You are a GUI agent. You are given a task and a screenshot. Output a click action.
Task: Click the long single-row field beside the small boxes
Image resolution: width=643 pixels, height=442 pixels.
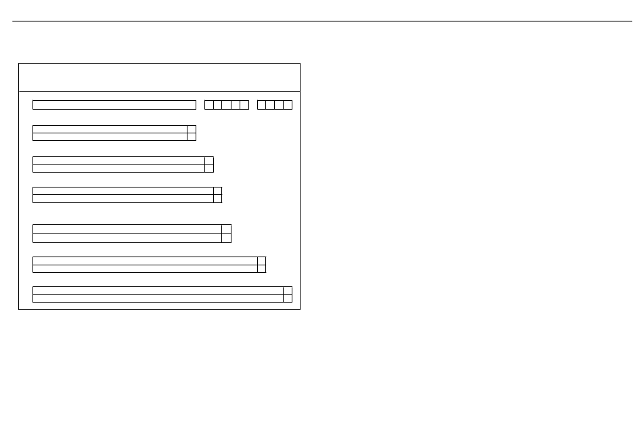114,105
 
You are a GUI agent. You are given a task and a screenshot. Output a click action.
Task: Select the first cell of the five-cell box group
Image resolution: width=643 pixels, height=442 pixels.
208,105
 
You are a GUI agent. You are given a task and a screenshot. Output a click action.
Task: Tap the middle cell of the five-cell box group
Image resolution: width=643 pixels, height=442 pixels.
226,105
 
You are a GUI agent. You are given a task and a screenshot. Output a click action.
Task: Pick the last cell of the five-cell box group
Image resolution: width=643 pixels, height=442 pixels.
244,105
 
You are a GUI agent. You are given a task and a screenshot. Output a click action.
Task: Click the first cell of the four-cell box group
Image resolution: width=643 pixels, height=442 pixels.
261,105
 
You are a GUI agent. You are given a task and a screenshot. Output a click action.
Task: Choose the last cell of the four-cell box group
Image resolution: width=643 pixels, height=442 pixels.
288,105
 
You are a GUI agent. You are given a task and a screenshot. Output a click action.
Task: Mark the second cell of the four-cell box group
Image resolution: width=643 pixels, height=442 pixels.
270,105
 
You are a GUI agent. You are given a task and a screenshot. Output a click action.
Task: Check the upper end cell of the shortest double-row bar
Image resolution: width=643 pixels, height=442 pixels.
192,129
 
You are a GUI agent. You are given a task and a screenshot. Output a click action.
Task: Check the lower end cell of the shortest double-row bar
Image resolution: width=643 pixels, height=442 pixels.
192,137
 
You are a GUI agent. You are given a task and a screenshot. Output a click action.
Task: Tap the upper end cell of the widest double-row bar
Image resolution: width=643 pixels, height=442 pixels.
288,290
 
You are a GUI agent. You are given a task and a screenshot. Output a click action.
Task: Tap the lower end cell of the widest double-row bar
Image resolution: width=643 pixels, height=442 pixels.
288,299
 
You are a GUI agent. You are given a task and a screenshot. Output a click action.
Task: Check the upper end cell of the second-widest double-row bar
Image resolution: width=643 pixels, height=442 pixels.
261,261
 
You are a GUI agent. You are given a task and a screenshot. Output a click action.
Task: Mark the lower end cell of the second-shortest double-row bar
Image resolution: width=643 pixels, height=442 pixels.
209,169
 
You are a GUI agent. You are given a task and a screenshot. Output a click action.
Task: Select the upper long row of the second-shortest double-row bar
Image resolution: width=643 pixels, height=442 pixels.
118,160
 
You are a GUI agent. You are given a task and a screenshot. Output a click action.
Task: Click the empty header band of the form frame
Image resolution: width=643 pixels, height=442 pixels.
159,77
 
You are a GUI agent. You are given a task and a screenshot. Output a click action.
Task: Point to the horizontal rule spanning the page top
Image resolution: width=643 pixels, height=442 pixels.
321,21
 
